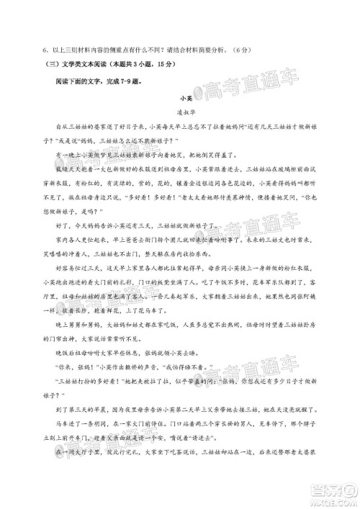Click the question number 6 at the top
(45, 49)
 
